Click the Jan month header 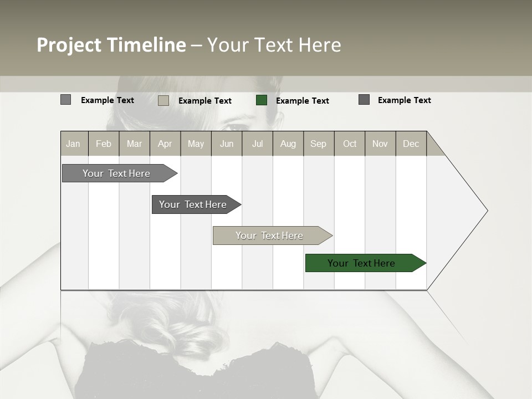point(73,144)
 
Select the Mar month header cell point(134,144)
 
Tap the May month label point(196,144)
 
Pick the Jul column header point(257,144)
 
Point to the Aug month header point(288,144)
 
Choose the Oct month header point(350,144)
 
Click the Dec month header point(411,144)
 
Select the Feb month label point(104,144)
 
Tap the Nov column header point(380,144)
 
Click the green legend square point(262,100)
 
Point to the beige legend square point(163,100)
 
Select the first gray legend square point(65,100)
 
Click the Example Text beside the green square point(303,100)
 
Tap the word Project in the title point(69,45)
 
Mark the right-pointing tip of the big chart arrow point(487,211)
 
